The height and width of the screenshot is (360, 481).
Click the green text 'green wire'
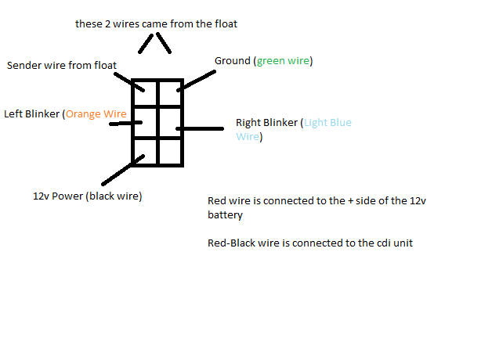[283, 61]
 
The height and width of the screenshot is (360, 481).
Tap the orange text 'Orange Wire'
[96, 114]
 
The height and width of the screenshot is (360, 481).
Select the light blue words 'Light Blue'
[327, 123]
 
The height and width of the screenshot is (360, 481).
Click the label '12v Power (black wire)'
[88, 196]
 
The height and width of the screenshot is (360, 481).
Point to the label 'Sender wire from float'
[62, 65]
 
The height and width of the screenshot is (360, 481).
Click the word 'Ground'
[233, 61]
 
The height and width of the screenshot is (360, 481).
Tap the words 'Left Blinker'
[31, 114]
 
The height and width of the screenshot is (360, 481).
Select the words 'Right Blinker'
[266, 123]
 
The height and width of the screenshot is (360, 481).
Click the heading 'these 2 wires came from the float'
[156, 24]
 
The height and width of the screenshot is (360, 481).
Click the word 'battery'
[225, 214]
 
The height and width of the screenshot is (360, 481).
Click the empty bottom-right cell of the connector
[170, 152]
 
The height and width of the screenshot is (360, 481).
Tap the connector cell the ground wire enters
[170, 93]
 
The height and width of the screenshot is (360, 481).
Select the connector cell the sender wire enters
[145, 93]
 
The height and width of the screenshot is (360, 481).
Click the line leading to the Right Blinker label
[200, 128]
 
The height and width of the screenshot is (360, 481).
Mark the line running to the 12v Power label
[123, 170]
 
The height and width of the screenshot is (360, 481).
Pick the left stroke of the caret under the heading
[146, 44]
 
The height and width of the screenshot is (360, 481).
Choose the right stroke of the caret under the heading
[164, 43]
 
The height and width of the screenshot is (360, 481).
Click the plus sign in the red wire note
[351, 201]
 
